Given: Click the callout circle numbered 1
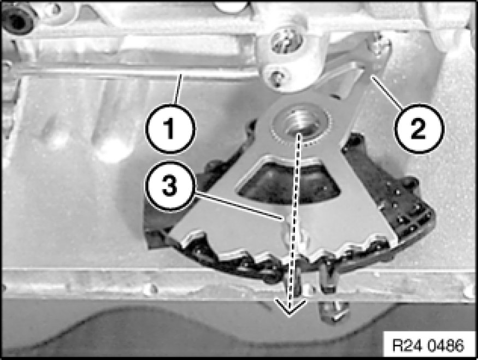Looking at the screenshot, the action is [x=170, y=128].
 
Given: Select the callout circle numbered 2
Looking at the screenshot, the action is [x=419, y=128].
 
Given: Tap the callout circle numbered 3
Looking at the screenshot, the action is [x=170, y=186].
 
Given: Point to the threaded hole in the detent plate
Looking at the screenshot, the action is [x=300, y=123].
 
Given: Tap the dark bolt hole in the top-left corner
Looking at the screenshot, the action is [x=17, y=20].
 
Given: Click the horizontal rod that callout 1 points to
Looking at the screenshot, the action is [x=134, y=73].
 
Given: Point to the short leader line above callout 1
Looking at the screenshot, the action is [x=178, y=88].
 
